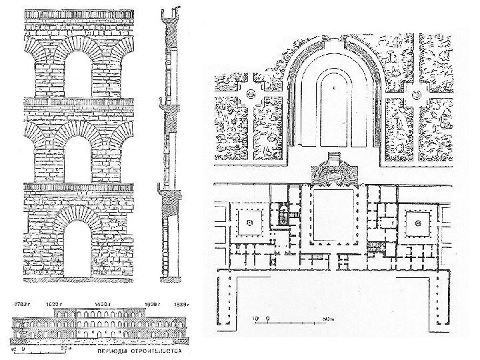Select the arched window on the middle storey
point(79,159)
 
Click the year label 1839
point(181,305)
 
